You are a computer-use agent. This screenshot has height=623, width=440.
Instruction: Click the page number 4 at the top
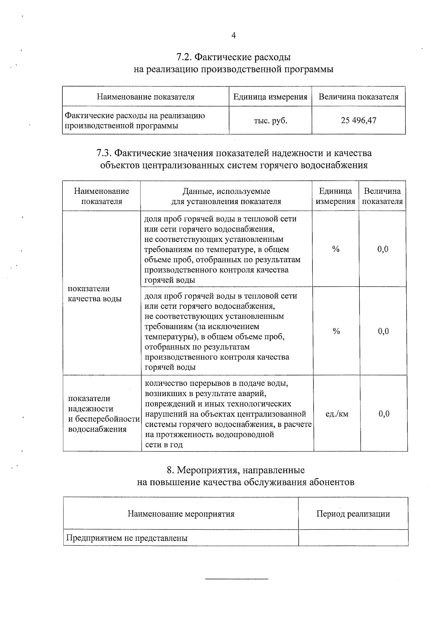point(234,36)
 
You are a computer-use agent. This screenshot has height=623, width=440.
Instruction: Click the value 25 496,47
point(358,120)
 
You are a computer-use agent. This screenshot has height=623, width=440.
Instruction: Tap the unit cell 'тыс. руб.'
point(270,120)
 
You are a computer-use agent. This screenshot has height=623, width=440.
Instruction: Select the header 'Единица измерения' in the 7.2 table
point(270,97)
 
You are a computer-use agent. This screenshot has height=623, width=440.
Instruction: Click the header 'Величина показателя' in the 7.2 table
point(358,97)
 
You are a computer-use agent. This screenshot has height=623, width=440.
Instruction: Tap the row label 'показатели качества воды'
point(95,294)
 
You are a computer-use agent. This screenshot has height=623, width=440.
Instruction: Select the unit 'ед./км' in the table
point(337,414)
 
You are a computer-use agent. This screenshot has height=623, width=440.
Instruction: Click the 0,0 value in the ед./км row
point(384,414)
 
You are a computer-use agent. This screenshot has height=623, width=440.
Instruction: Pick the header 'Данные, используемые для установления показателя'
point(226,196)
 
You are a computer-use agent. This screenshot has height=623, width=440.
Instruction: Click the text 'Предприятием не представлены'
point(127,538)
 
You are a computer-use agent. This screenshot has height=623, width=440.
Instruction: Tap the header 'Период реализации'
point(353,514)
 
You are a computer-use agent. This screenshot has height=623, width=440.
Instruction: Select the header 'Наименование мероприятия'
point(181,514)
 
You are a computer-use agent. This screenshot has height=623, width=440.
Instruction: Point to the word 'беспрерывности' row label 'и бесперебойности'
point(107,419)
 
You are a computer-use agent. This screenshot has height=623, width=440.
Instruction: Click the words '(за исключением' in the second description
point(232,326)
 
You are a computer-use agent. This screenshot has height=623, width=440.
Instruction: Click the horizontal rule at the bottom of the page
point(236,579)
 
